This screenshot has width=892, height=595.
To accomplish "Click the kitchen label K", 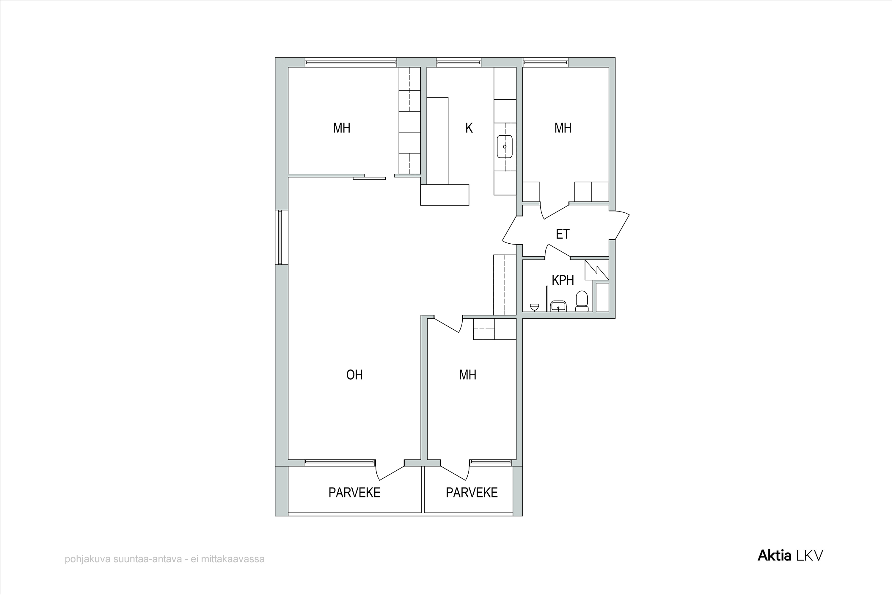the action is [x=469, y=128].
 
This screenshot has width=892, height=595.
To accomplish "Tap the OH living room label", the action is [x=355, y=375].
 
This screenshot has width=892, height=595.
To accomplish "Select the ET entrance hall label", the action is [x=563, y=234].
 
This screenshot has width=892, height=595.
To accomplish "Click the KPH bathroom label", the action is [x=563, y=281].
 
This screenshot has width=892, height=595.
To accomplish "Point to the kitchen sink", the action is [x=505, y=146].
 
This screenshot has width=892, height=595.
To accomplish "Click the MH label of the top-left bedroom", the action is [x=341, y=128].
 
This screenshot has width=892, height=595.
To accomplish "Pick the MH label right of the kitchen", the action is [x=563, y=128].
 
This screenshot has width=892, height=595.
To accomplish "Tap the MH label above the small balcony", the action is [x=468, y=375].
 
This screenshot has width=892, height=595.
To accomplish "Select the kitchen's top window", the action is [x=458, y=62].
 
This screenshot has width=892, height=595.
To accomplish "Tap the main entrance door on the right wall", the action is [x=622, y=225].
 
